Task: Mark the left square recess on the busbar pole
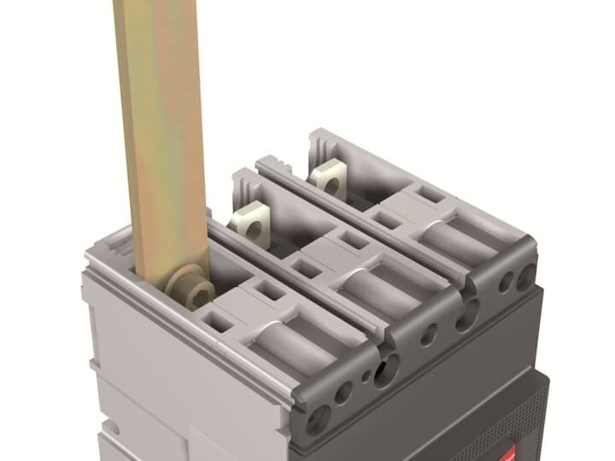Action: click(219, 322)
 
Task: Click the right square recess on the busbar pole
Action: click(271, 292)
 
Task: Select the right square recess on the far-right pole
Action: click(433, 195)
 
